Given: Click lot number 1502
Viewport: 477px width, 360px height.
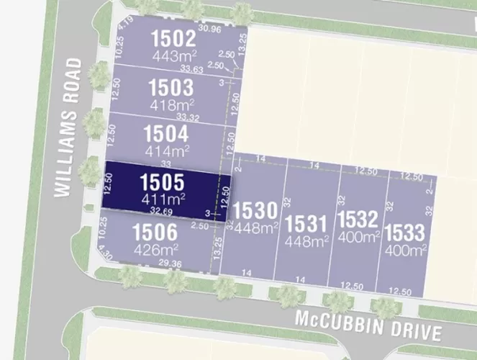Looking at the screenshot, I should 173,38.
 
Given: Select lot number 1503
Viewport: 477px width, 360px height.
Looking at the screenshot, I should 171,88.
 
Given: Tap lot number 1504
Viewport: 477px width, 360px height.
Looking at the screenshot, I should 166,134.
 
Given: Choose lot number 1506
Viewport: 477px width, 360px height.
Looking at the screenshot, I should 155,233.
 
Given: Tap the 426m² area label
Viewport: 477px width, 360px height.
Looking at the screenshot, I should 155,250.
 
